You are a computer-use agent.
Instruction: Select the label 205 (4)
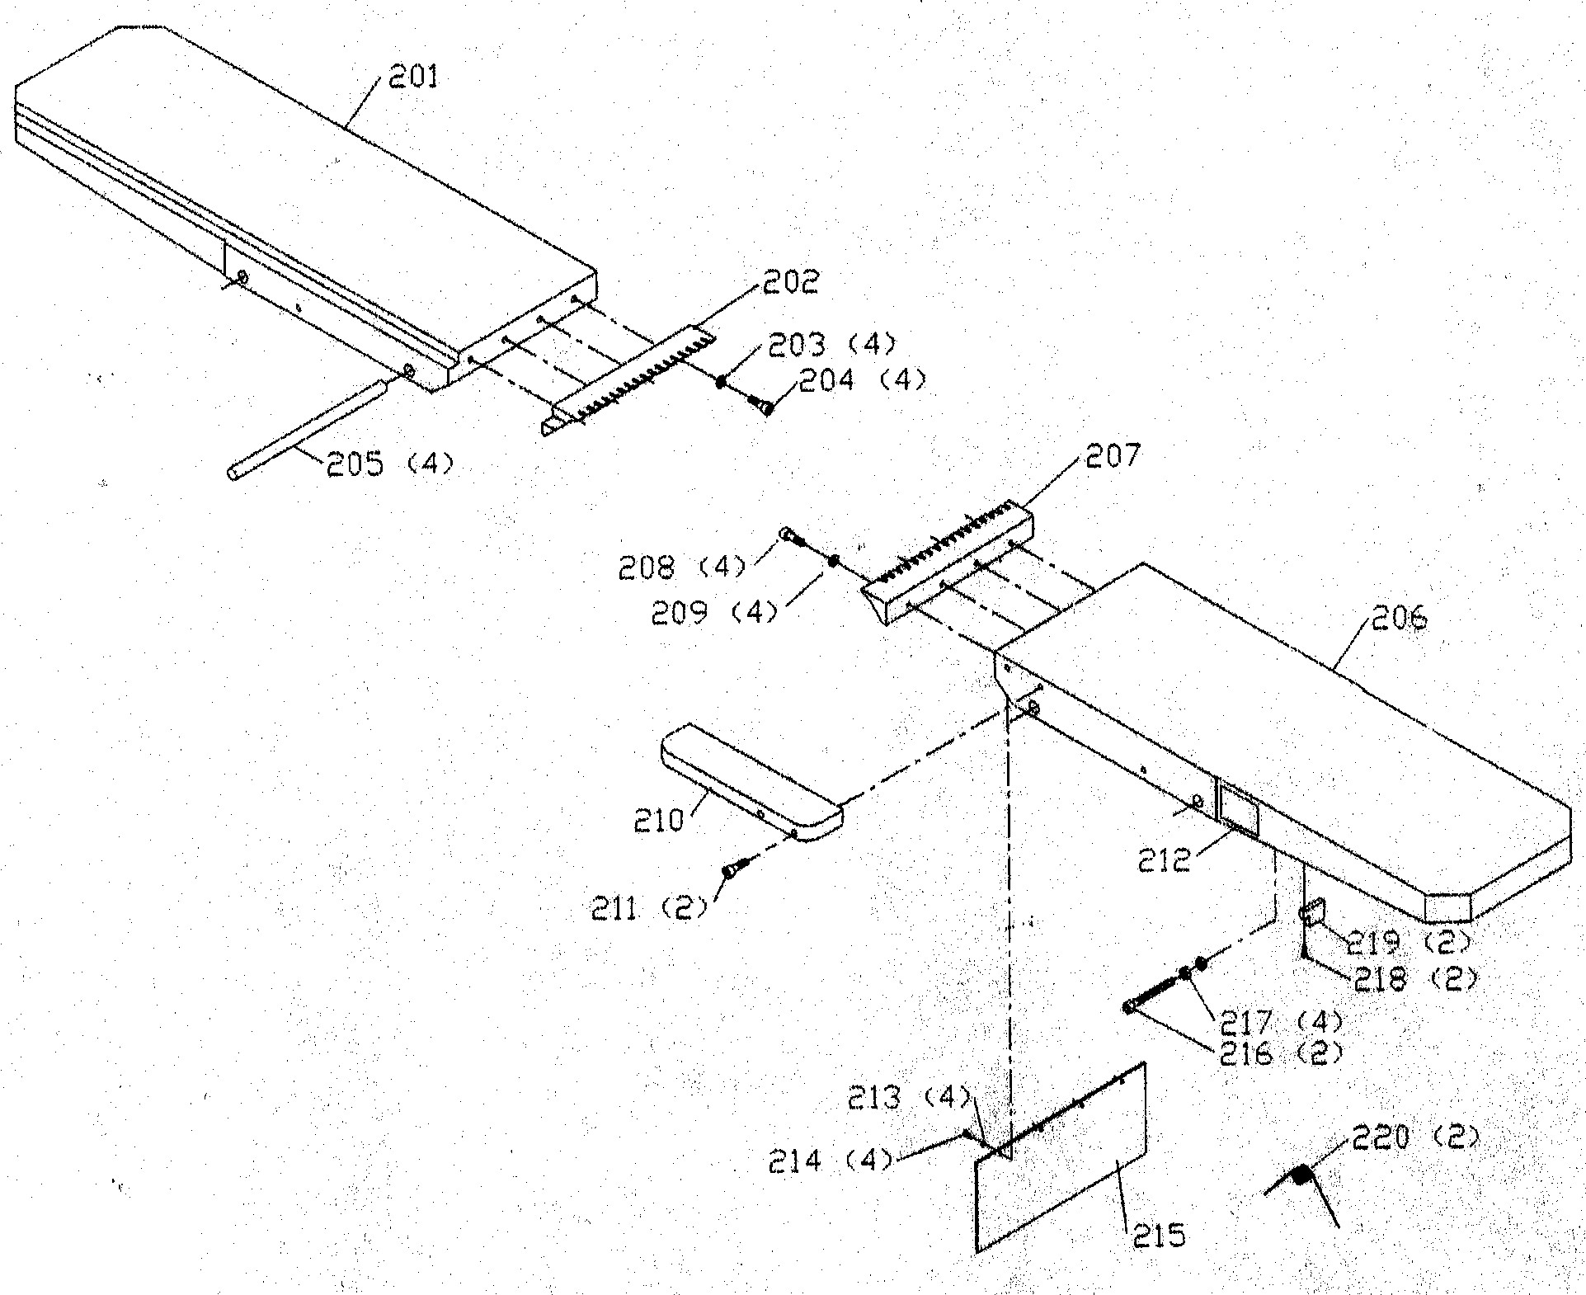point(389,464)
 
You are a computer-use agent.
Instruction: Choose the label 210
point(659,821)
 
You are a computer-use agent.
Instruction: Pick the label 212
point(1164,860)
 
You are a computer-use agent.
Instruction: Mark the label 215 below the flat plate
point(1159,1235)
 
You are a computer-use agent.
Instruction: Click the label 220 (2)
point(1414,1138)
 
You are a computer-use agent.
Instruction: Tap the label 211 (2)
point(649,909)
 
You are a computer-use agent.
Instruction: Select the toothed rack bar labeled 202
point(631,379)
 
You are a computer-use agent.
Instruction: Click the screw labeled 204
point(762,404)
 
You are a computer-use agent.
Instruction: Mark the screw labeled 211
point(733,869)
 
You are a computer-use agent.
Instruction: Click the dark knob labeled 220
point(1301,1175)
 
